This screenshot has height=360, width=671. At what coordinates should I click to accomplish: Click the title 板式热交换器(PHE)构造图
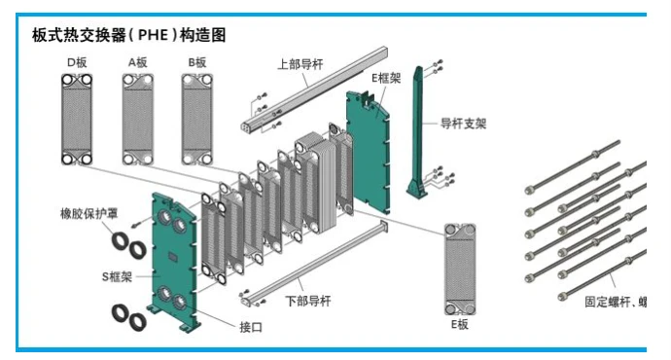128,35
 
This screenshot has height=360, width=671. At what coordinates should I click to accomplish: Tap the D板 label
77,62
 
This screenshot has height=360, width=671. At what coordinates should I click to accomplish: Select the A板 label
138,62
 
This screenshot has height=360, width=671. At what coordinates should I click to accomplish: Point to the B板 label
197,62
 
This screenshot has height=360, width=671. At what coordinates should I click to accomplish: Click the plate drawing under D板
77,120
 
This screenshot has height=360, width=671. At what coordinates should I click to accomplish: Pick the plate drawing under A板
138,120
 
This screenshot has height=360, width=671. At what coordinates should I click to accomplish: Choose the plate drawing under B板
197,120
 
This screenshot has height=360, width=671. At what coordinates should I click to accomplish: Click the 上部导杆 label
300,64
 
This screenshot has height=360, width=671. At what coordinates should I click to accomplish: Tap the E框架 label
386,78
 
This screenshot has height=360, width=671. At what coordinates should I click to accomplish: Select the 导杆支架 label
464,124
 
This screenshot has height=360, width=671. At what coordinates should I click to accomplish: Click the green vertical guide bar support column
417,132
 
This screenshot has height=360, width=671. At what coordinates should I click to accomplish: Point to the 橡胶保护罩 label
88,213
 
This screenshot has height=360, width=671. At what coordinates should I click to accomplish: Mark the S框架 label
117,277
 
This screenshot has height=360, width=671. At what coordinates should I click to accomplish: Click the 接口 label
251,328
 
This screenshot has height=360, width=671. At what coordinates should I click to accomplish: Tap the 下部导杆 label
308,301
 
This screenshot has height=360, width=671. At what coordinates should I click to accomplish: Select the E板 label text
460,324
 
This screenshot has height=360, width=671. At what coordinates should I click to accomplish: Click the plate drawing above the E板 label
460,270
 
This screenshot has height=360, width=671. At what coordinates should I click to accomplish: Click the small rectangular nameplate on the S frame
173,257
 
